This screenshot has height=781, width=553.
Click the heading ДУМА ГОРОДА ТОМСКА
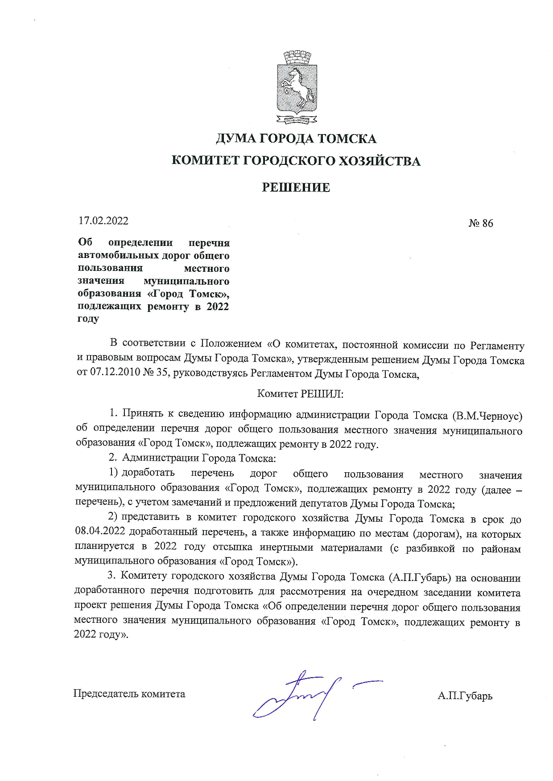coord(296,139)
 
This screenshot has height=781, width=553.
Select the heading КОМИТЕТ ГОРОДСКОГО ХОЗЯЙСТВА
coord(296,161)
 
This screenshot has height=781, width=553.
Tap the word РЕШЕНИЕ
coord(296,188)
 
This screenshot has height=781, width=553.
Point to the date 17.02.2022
coord(103,221)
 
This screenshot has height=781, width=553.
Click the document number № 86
coord(481,223)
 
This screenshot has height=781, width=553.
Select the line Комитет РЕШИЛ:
coord(300,394)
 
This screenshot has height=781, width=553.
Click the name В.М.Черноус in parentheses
coord(487,416)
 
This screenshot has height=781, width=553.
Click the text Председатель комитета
coord(129,694)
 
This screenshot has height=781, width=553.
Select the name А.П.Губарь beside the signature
coord(465,695)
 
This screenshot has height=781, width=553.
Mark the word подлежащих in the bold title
coord(109,307)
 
